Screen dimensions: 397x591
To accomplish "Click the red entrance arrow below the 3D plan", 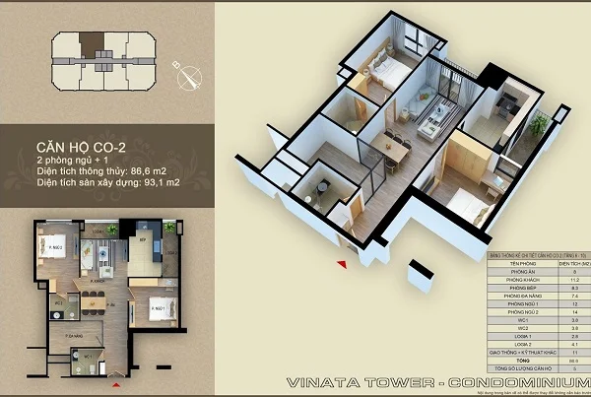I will pyautogui.click(x=342, y=263).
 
